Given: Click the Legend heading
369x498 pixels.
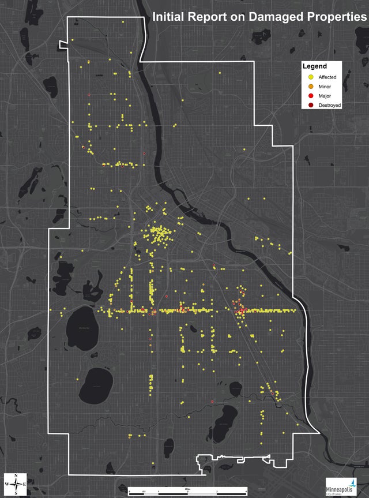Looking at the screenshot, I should click(315, 66).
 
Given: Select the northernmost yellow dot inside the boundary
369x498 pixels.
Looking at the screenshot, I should click(123, 21).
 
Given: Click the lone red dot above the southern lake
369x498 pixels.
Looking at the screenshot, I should click(212, 401).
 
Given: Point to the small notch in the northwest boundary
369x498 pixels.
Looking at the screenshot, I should click(63, 44).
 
